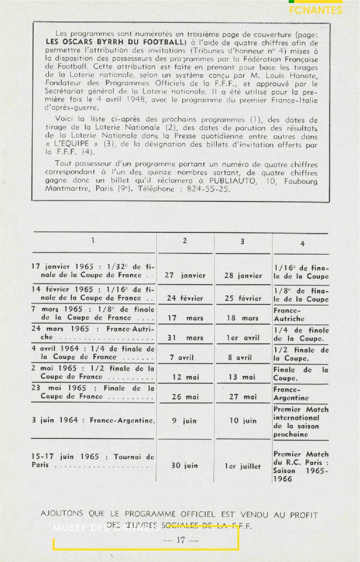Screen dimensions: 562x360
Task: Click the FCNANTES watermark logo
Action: point(316,9)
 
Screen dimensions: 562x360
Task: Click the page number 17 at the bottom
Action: point(180,540)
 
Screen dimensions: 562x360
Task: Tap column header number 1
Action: point(93,240)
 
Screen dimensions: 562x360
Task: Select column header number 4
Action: point(302,244)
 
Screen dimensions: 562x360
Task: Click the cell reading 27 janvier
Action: point(185,276)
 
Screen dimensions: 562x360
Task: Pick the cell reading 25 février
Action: point(243,298)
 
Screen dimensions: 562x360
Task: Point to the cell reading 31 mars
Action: point(185,338)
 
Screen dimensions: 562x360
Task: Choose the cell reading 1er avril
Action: point(243,338)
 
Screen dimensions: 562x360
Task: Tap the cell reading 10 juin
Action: point(243,420)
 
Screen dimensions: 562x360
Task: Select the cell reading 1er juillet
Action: point(243,466)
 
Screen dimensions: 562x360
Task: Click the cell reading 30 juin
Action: point(185,465)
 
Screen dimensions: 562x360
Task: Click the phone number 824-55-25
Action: point(208,189)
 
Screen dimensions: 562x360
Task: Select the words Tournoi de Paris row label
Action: point(93,460)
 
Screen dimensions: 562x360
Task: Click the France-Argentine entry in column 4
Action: point(291,394)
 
